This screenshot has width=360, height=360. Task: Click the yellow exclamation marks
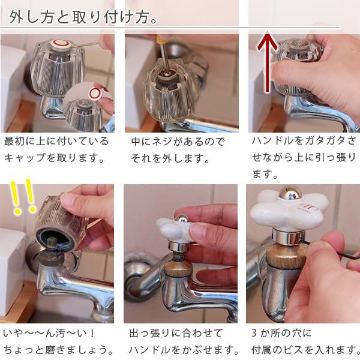(23, 200)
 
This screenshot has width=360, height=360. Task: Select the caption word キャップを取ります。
(55, 158)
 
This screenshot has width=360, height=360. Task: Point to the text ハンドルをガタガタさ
(304, 142)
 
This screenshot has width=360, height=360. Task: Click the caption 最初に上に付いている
(56, 142)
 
